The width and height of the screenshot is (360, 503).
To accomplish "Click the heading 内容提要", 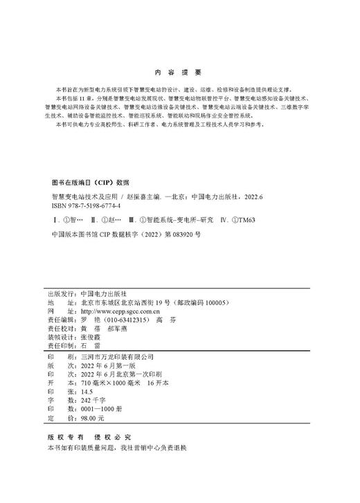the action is tap(179, 73).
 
